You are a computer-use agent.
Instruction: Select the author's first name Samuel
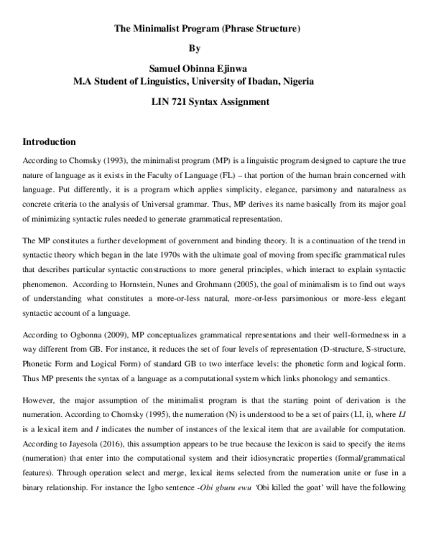pyautogui.click(x=166, y=69)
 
